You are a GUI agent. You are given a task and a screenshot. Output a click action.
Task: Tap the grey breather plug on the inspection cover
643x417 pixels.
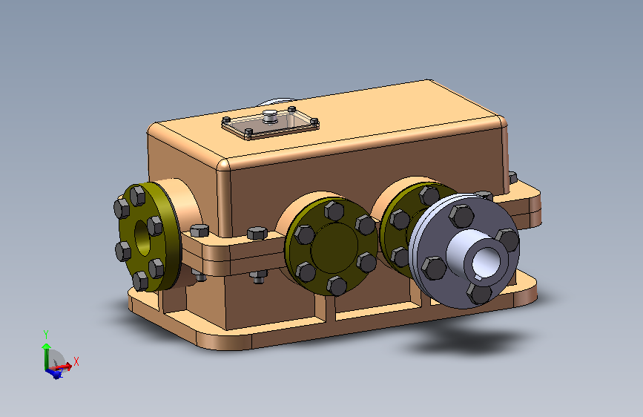coord(270,115)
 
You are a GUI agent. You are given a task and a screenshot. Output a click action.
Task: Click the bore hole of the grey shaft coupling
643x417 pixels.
coord(485,262)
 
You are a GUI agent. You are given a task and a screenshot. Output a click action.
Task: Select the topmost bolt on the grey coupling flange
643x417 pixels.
coord(462,216)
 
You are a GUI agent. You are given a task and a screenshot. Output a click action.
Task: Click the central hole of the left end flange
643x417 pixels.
coord(142,238)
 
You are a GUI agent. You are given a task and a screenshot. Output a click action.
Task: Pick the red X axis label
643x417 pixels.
coord(76,361)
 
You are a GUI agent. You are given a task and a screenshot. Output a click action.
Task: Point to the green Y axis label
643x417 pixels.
coord(46,335)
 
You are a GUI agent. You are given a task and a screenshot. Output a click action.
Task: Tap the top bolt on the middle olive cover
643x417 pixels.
coord(334,211)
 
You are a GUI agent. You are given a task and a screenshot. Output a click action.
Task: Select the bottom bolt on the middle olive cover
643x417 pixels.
coord(337,286)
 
